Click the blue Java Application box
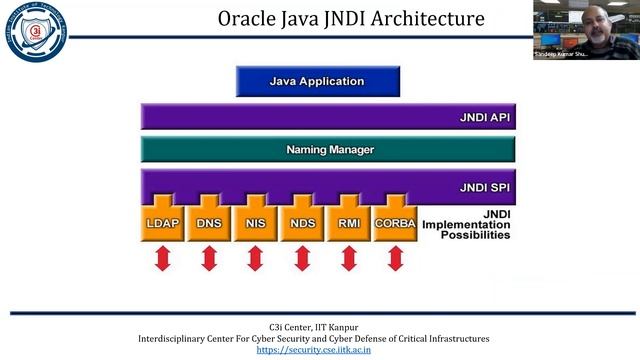318,81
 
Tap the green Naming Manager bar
329,150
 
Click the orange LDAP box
163,223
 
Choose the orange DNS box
209,223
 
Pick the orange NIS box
255,223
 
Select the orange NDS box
302,223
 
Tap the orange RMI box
348,223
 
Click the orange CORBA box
395,223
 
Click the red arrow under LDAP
163,258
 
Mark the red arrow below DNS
209,258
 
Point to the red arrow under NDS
302,258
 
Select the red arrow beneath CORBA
395,258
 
